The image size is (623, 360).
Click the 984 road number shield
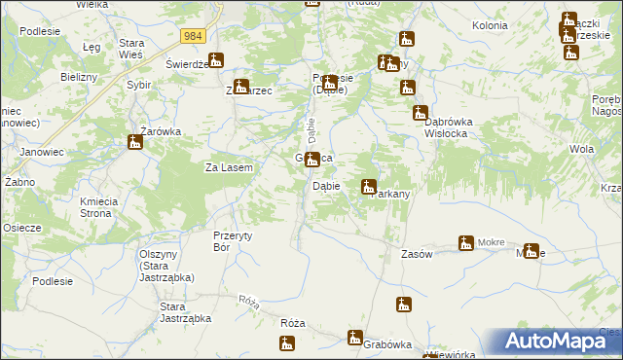point(193,36)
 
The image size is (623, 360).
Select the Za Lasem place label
point(229,167)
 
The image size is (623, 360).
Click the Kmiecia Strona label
point(98,206)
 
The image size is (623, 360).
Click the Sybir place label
point(138,85)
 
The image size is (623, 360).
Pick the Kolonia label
point(490,24)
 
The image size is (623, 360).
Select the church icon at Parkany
point(369,186)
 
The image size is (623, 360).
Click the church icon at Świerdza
point(216,59)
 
